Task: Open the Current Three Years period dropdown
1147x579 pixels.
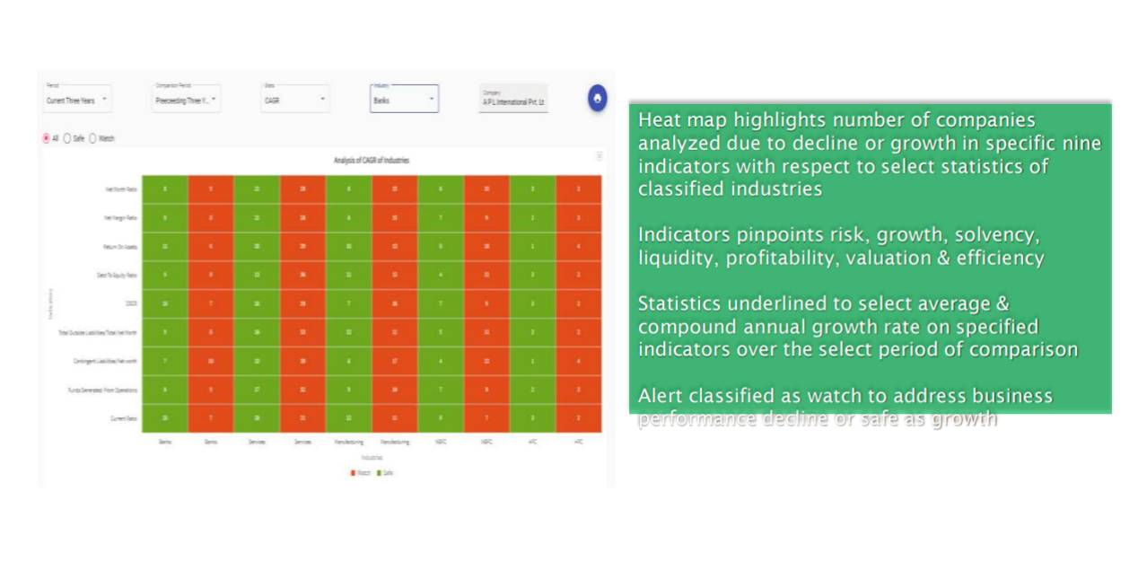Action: click(x=77, y=100)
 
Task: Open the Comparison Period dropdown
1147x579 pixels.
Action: click(x=186, y=100)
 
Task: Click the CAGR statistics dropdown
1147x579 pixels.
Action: click(x=295, y=100)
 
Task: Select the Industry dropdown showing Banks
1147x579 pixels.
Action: click(x=404, y=100)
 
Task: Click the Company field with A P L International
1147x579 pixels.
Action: click(x=513, y=101)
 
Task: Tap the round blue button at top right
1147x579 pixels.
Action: click(x=598, y=98)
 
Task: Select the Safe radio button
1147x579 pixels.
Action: click(x=67, y=138)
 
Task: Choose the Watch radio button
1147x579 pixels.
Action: click(x=92, y=138)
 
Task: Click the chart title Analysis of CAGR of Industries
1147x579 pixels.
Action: click(x=372, y=161)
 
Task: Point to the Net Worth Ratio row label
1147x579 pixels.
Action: click(x=120, y=189)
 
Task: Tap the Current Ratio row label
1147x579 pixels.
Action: click(x=122, y=418)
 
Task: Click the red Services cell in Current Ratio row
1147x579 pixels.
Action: click(x=302, y=418)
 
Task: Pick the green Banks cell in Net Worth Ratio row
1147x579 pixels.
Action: click(x=165, y=189)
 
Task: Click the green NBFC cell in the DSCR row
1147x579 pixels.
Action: click(x=441, y=304)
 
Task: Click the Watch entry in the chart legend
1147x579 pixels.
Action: click(x=360, y=472)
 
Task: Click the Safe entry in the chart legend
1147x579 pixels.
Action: click(x=384, y=472)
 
